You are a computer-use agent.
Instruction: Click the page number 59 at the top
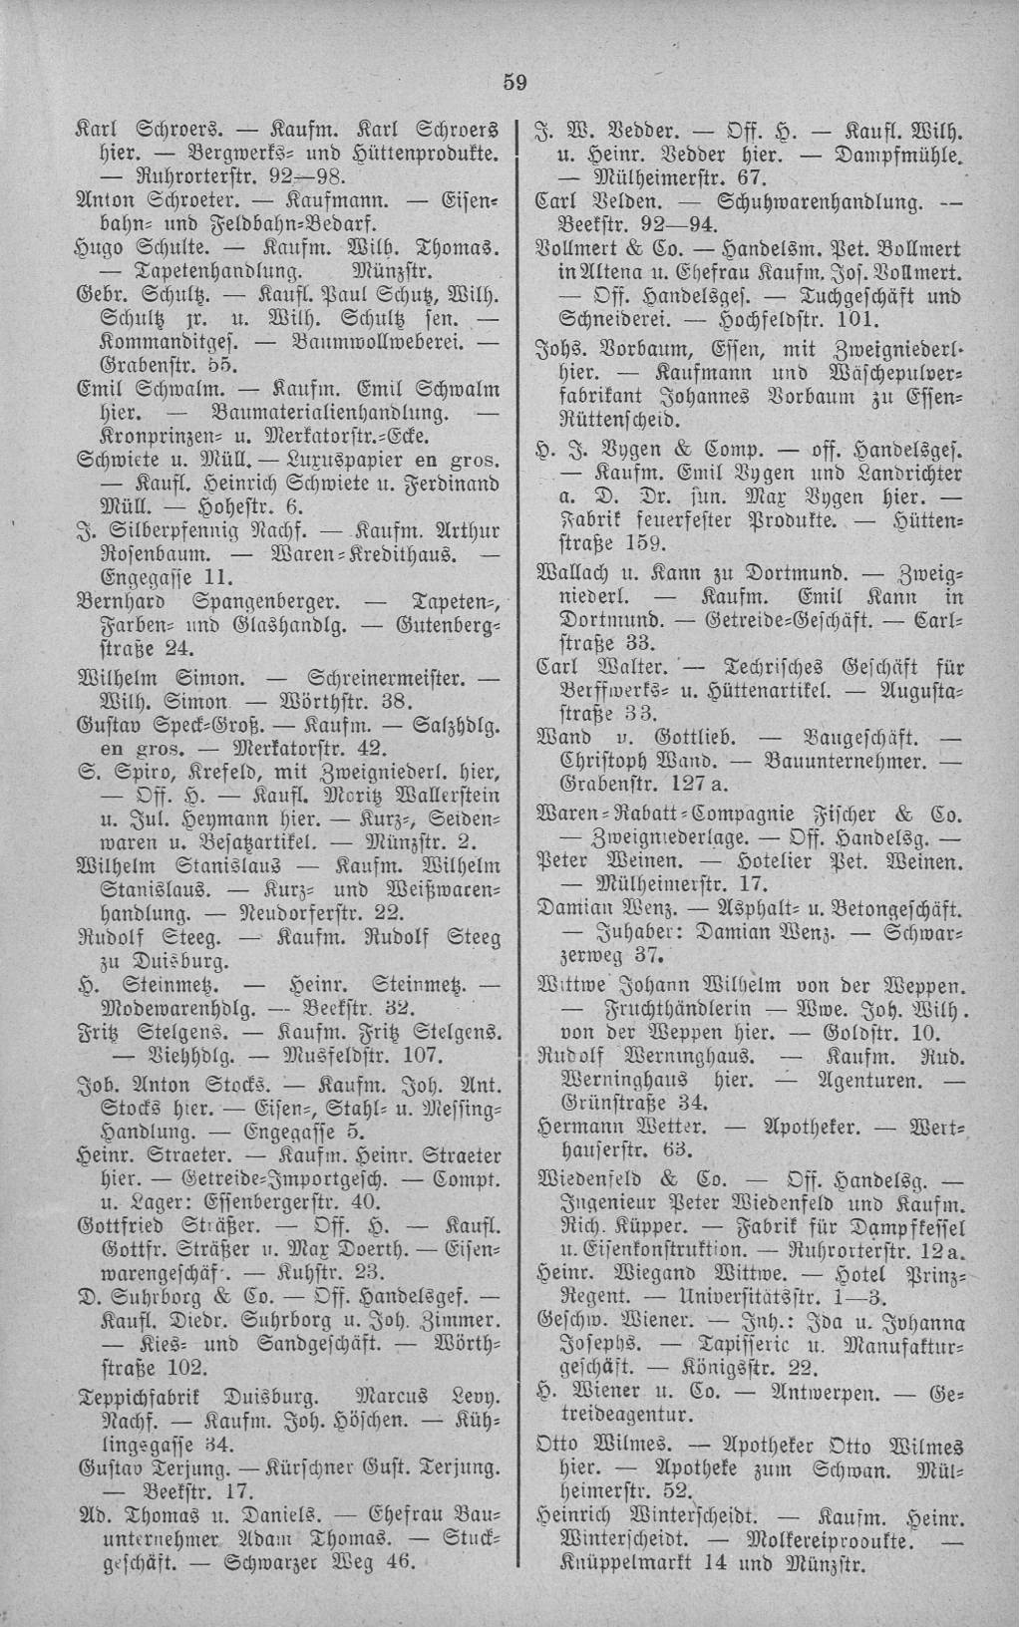coord(513,83)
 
